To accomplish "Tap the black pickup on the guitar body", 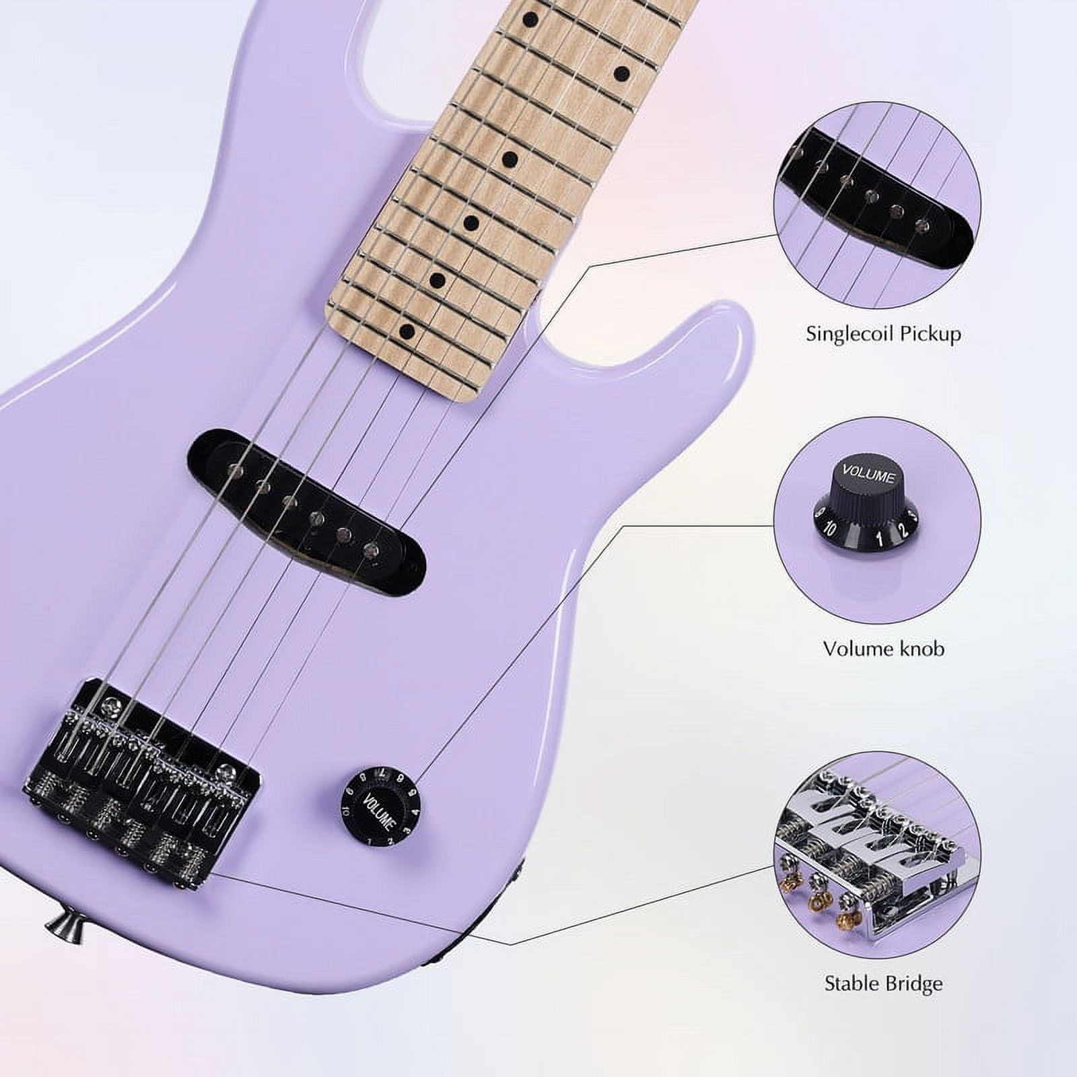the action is [307, 512].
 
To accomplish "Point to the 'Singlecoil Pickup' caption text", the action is [883, 334].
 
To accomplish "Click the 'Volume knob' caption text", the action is [883, 648].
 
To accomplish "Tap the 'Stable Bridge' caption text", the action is [883, 984].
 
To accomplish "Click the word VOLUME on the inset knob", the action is [868, 475].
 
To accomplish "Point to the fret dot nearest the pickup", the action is [407, 331].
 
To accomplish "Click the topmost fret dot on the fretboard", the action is [532, 18].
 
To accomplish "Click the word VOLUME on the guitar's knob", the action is [378, 811].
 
